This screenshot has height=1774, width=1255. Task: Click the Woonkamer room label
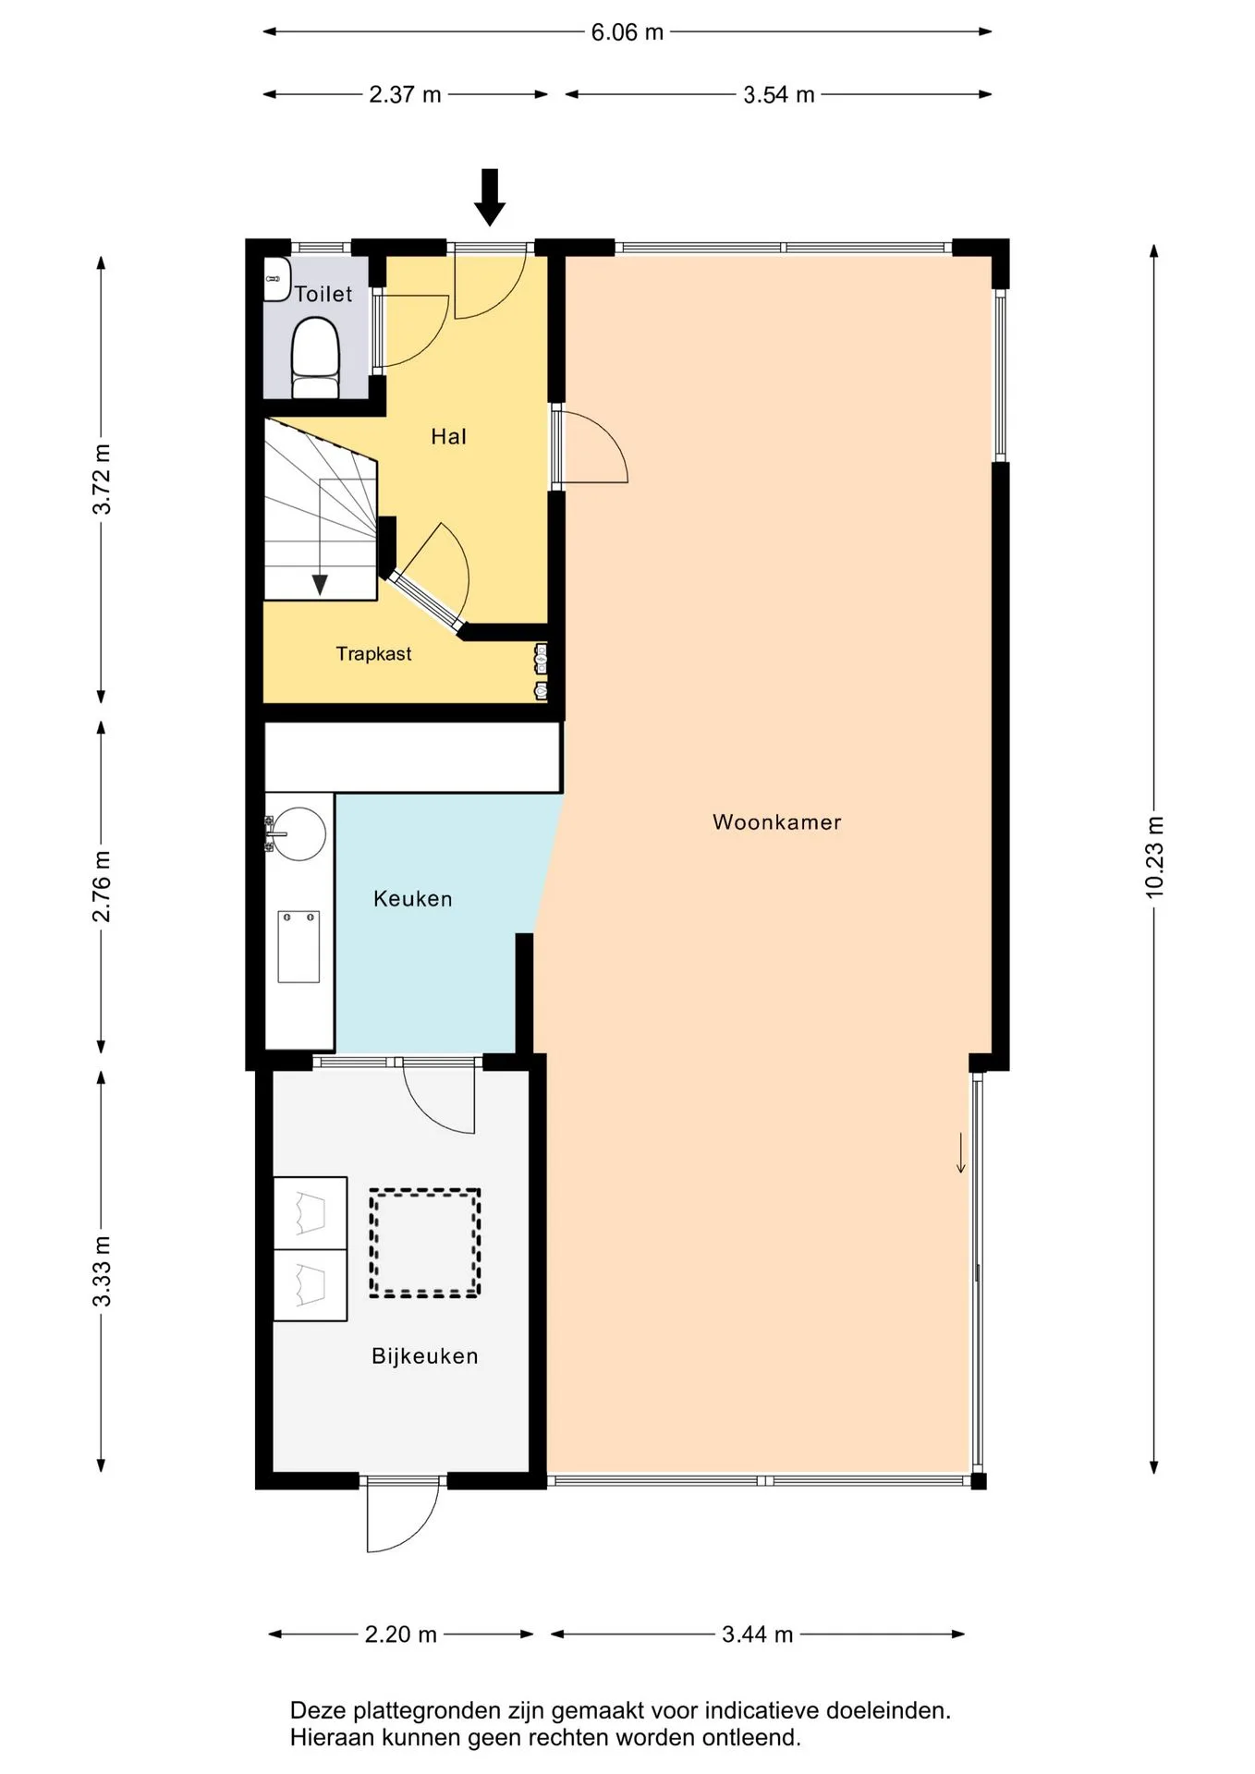coord(776,822)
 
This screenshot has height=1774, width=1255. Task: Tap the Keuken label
coord(412,899)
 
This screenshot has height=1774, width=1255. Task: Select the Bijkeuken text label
coord(425,1356)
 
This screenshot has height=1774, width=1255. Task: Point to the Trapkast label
coord(373,654)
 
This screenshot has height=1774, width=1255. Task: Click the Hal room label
coord(449,436)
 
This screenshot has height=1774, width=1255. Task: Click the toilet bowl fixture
coord(315,358)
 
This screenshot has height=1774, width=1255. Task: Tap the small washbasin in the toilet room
coord(277,278)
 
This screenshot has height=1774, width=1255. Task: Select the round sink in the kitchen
coord(299,833)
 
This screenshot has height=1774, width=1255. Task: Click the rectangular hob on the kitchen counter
coord(299,946)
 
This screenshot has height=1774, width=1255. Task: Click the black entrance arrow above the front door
coord(490,197)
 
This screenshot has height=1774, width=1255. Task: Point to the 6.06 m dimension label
coord(627,32)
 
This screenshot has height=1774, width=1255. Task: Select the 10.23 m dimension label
coord(1154,857)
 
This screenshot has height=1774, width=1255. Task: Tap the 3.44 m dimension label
coord(758,1634)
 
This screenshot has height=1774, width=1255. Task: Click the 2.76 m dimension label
coord(102,887)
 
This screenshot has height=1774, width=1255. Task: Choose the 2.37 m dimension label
coord(405,94)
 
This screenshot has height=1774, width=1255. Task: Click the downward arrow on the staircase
coord(320,536)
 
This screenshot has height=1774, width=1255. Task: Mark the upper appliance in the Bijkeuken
coord(311,1213)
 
